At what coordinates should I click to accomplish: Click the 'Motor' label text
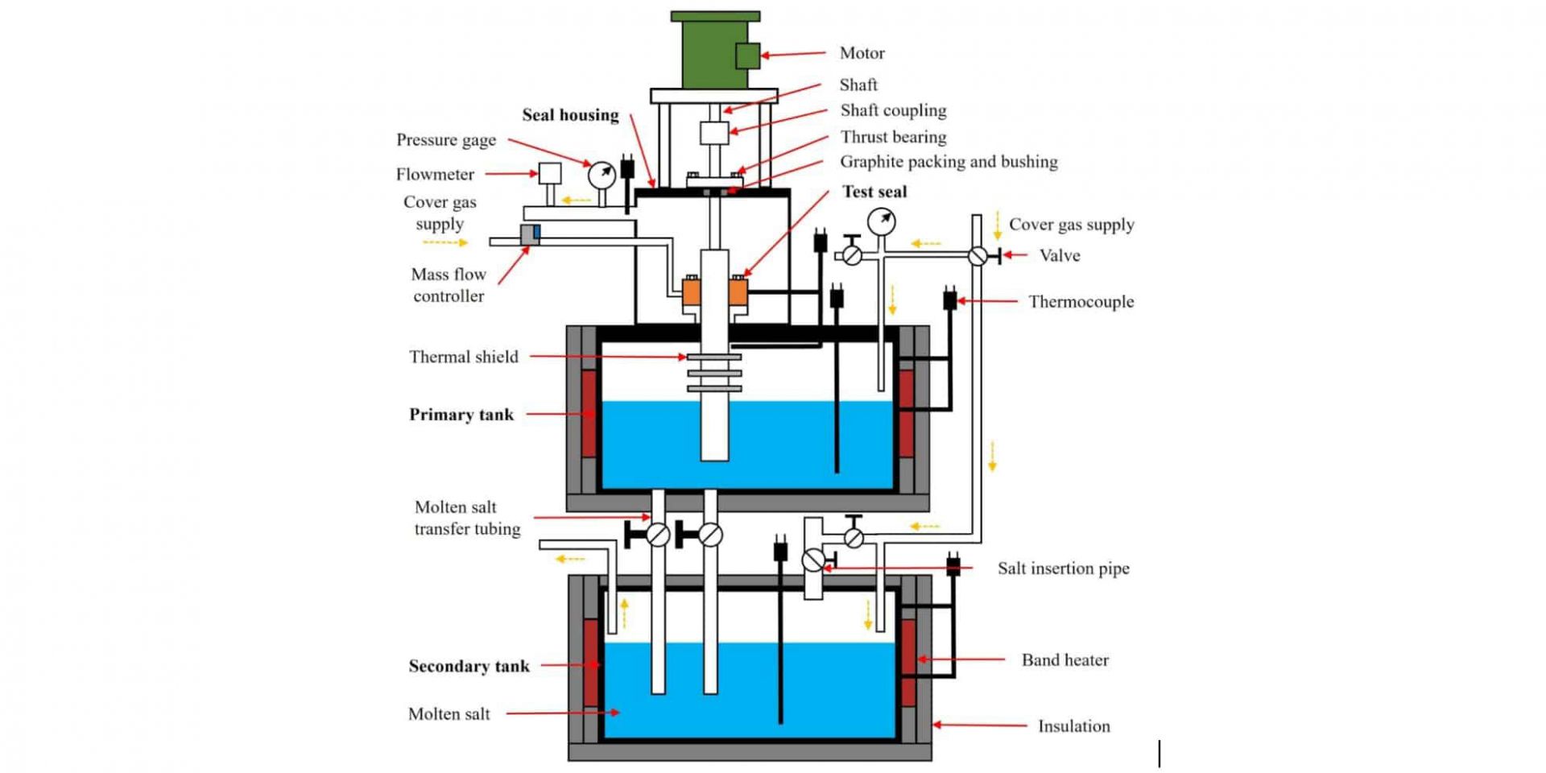862,53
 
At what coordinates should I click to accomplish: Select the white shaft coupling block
714,133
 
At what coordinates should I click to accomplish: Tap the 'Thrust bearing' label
893,137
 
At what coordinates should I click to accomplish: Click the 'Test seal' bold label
874,192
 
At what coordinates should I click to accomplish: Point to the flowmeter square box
550,174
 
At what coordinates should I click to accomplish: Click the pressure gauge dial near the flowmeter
601,175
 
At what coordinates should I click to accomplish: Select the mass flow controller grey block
530,234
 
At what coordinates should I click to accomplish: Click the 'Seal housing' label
570,115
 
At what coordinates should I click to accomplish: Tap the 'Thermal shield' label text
463,357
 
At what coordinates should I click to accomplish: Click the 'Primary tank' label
461,415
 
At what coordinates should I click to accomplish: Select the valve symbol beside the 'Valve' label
978,256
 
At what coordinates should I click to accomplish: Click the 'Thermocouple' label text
1081,302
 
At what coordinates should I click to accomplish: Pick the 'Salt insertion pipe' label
1063,568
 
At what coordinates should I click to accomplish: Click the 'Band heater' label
1064,660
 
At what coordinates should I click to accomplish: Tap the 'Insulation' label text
1073,726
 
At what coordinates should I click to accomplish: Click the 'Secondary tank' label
469,666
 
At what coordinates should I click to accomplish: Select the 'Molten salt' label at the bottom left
449,714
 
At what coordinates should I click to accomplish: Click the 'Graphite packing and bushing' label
949,162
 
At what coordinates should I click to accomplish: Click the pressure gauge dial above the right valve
882,221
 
